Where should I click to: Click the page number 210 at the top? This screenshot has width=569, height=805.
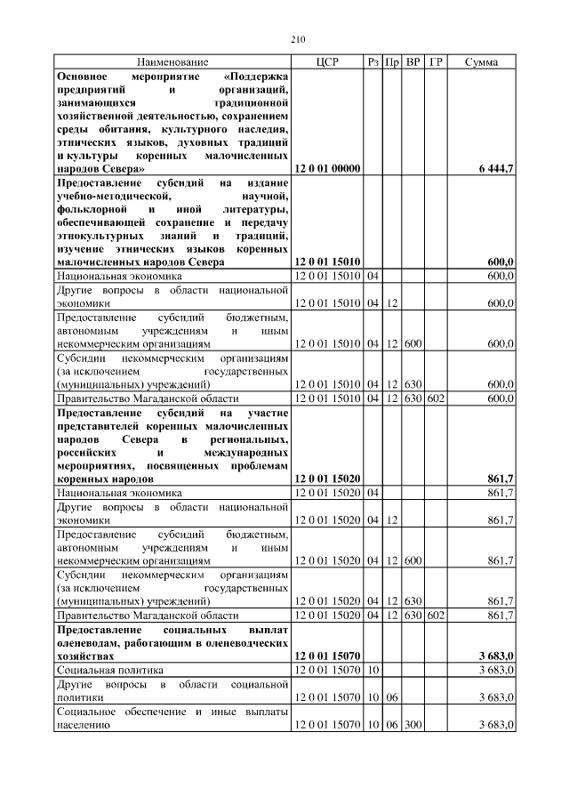point(297,39)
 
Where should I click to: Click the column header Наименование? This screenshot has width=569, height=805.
point(172,61)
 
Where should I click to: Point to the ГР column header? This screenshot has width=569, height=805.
point(436,61)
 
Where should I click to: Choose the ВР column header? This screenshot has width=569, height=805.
point(413,61)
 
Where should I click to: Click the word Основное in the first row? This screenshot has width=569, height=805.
point(83,76)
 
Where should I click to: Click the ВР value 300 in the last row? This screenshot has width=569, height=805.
point(413,726)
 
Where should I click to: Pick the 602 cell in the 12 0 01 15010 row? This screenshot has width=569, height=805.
point(436,398)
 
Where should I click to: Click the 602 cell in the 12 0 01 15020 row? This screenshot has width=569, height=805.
point(436,614)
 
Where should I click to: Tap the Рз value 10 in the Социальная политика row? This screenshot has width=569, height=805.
point(373,669)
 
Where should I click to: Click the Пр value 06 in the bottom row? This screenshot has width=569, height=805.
point(391,726)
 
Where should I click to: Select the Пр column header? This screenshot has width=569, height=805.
point(391,61)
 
